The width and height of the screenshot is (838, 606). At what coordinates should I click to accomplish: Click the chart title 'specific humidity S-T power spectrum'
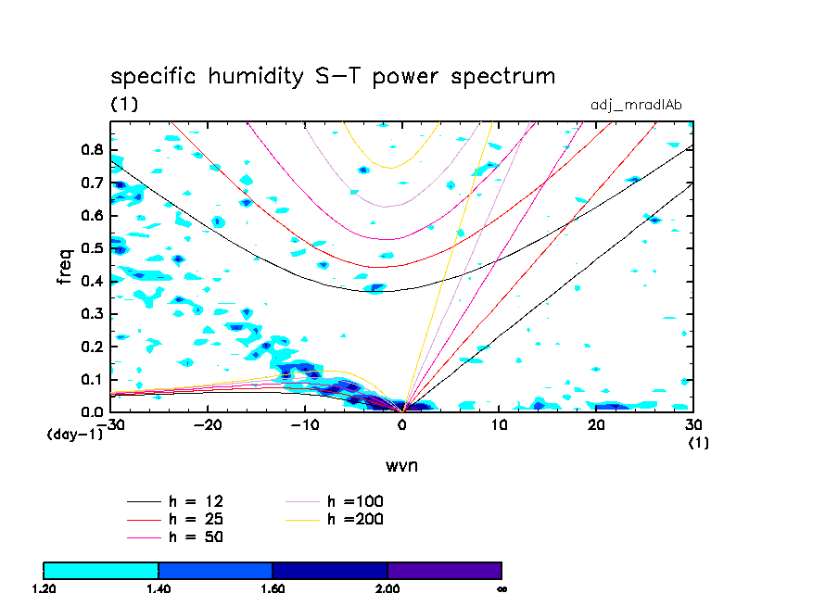click(x=333, y=76)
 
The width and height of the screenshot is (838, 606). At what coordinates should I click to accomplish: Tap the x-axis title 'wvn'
click(x=401, y=465)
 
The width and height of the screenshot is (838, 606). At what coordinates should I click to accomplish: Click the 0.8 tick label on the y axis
click(x=91, y=150)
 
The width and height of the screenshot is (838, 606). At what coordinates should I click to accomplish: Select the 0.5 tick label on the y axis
click(x=91, y=248)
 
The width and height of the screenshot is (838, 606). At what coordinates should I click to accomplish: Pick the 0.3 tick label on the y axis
click(x=91, y=314)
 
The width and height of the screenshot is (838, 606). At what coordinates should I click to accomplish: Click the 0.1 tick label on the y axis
click(x=91, y=380)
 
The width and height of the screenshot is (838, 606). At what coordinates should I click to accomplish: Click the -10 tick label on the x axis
click(x=304, y=425)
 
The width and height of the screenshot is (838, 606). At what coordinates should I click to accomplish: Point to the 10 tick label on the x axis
click(x=500, y=425)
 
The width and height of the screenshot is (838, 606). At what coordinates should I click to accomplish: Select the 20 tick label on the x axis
click(x=596, y=425)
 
